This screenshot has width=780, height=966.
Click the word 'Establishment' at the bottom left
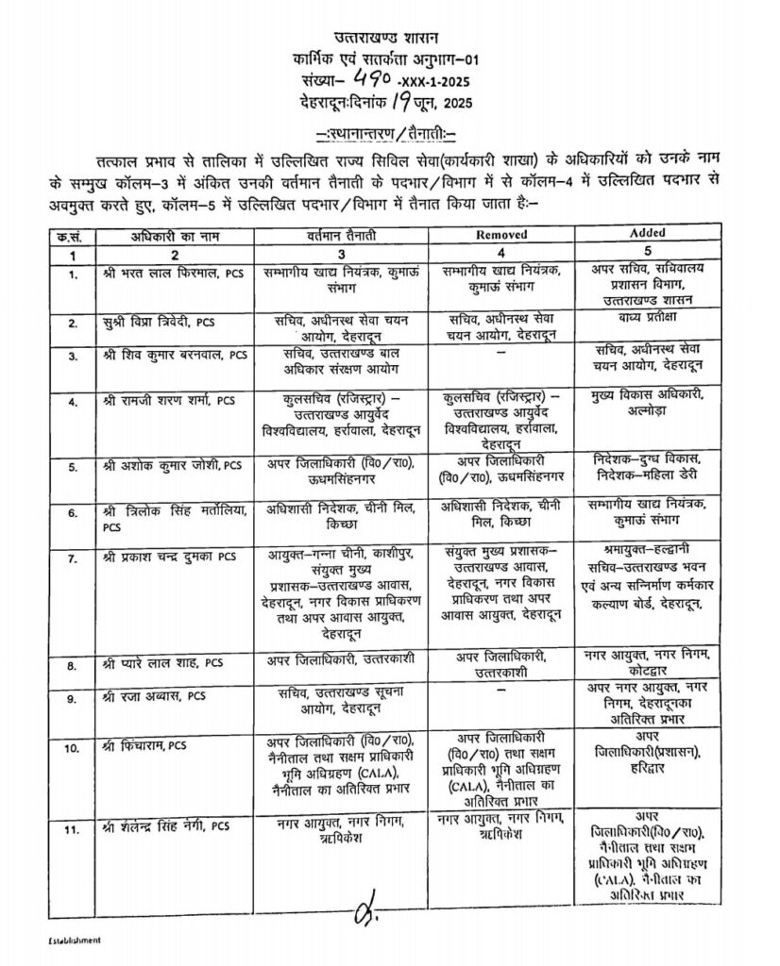pos(75,941)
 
